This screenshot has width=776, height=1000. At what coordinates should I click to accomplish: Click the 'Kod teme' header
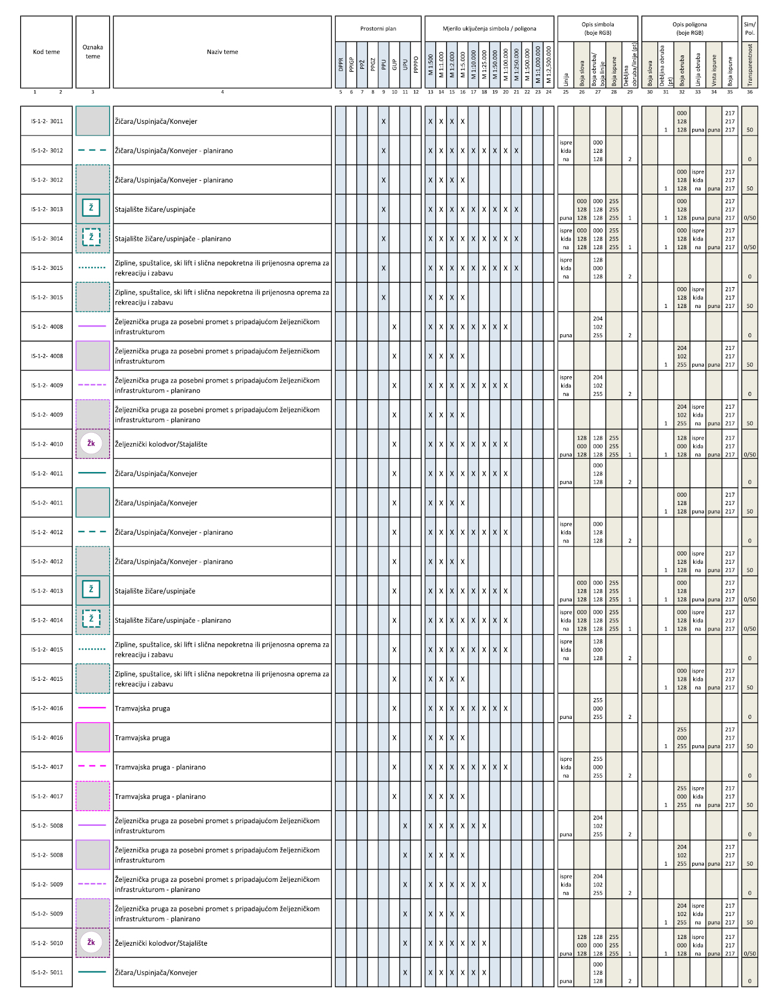click(x=46, y=52)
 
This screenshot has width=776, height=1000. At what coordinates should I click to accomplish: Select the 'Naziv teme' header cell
click(x=222, y=52)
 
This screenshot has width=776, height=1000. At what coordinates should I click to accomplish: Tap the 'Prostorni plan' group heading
click(x=378, y=29)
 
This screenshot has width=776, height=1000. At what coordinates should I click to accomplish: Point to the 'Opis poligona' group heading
click(x=689, y=29)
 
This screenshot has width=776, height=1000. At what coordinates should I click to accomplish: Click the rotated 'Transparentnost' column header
click(x=750, y=65)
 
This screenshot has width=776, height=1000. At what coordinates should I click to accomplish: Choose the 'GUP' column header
click(x=394, y=65)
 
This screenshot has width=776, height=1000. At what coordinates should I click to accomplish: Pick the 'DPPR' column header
click(x=341, y=65)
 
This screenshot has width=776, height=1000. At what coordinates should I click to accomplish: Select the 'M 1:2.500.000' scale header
click(x=549, y=65)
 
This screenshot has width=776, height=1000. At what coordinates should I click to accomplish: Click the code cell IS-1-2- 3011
click(x=47, y=122)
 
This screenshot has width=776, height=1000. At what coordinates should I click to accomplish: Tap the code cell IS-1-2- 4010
click(x=47, y=445)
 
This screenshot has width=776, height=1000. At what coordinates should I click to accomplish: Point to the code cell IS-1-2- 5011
click(x=47, y=973)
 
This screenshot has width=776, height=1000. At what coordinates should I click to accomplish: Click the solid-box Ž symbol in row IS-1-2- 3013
click(x=91, y=208)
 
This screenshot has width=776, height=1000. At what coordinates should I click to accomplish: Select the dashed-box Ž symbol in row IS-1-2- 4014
click(x=91, y=619)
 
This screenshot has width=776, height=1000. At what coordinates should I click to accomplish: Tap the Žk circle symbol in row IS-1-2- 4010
click(x=91, y=443)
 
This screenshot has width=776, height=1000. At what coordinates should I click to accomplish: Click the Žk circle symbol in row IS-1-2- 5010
click(x=91, y=942)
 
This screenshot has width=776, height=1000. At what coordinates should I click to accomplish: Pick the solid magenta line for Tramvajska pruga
click(x=92, y=708)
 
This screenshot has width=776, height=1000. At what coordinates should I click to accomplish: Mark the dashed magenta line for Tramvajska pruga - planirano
click(x=92, y=767)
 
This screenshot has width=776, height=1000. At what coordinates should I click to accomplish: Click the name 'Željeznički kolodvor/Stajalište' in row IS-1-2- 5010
click(x=161, y=943)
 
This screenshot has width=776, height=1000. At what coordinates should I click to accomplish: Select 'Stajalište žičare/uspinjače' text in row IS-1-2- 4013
click(x=155, y=591)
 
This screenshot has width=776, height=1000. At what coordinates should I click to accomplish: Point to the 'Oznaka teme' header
click(x=93, y=52)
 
